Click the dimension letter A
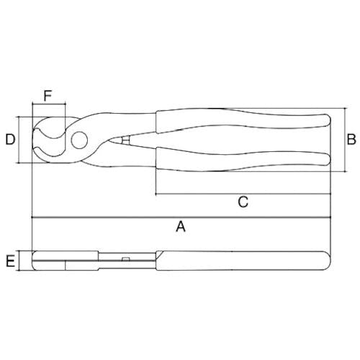181,227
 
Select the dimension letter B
351,140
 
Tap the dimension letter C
243,202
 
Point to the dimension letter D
10,140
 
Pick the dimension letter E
10,261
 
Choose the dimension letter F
48,96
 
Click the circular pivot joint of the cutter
79,140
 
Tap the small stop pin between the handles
125,140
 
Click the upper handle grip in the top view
243,120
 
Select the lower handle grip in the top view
243,160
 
